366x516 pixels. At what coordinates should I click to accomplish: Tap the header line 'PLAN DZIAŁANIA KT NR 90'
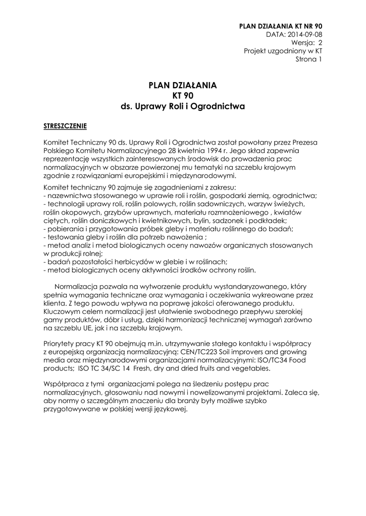(x=280, y=25)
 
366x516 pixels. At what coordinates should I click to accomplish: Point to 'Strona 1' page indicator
(x=308, y=59)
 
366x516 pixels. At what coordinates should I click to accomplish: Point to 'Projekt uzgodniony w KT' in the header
(x=283, y=51)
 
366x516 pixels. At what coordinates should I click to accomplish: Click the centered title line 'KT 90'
(x=183, y=96)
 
